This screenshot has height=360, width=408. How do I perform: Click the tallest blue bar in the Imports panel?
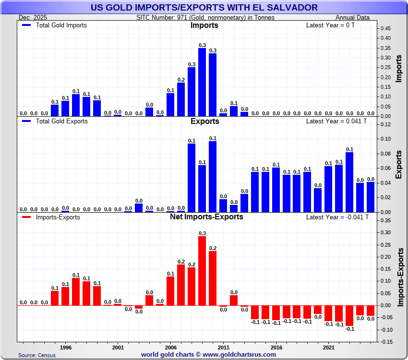(x=202, y=82)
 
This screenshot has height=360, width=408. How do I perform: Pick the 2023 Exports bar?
(x=349, y=182)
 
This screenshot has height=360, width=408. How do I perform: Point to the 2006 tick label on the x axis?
(x=170, y=347)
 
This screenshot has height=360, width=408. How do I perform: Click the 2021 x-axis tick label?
(x=328, y=347)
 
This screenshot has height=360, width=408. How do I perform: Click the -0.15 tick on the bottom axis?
(x=384, y=342)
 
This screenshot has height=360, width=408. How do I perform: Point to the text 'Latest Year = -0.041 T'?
(x=337, y=217)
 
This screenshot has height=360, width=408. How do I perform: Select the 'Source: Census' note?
(x=37, y=355)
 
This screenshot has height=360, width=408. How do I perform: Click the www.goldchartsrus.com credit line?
(x=208, y=355)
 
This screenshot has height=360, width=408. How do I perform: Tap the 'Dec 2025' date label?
(x=31, y=18)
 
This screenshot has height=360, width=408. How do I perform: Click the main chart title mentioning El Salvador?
(x=204, y=7)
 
